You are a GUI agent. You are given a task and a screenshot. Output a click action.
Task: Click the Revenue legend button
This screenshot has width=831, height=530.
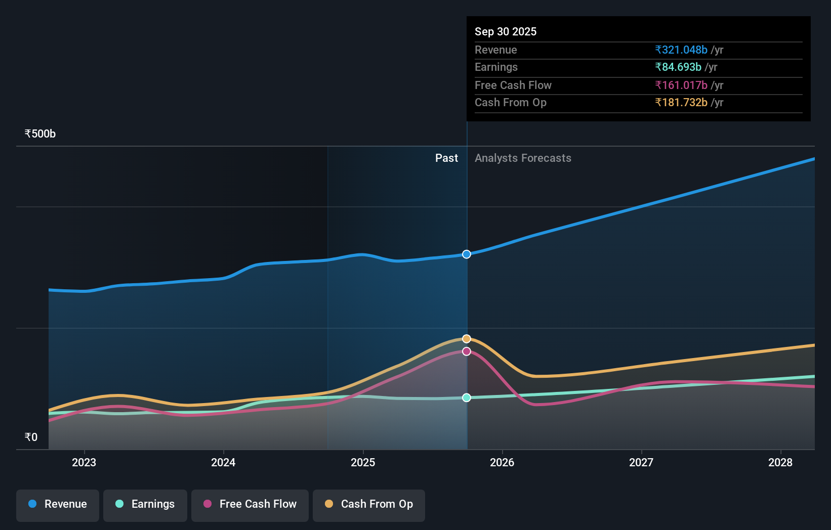[58, 504]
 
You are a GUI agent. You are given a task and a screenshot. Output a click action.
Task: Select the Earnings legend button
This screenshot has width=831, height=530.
[145, 504]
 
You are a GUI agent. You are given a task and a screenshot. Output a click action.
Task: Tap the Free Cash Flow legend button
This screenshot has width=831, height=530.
[250, 504]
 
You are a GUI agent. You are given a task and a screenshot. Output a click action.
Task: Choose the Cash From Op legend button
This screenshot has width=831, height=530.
[369, 504]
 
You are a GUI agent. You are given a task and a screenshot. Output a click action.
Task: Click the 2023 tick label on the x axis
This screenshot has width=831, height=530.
[84, 462]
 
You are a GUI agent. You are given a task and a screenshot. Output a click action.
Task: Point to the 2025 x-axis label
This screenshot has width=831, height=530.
[363, 462]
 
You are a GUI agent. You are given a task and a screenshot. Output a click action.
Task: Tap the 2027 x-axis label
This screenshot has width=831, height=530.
[641, 462]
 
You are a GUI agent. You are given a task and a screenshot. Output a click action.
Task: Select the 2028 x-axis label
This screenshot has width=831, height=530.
[780, 462]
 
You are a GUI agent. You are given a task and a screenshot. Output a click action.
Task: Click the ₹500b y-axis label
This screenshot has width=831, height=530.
[40, 134]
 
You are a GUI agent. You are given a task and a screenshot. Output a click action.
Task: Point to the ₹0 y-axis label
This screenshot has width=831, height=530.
[31, 437]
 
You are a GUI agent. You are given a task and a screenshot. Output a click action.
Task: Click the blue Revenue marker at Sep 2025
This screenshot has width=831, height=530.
[467, 254]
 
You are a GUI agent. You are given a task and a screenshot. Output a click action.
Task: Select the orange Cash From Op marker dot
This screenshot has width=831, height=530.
[467, 339]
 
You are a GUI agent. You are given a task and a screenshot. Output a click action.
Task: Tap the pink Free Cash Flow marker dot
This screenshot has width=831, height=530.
[467, 351]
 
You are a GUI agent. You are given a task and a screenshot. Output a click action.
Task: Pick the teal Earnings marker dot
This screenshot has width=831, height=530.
[467, 398]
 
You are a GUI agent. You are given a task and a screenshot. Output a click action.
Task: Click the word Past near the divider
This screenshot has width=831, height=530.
[446, 158]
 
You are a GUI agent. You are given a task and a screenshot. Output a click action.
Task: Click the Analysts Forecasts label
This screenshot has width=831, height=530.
[523, 158]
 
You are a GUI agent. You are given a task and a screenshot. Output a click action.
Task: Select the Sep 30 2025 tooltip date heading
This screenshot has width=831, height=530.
[506, 31]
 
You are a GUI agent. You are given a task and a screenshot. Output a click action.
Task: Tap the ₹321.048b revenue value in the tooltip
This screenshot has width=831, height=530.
[681, 50]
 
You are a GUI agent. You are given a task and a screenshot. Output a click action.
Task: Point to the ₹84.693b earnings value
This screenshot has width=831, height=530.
[678, 67]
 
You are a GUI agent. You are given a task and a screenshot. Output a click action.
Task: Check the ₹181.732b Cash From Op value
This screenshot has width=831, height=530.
[681, 103]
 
